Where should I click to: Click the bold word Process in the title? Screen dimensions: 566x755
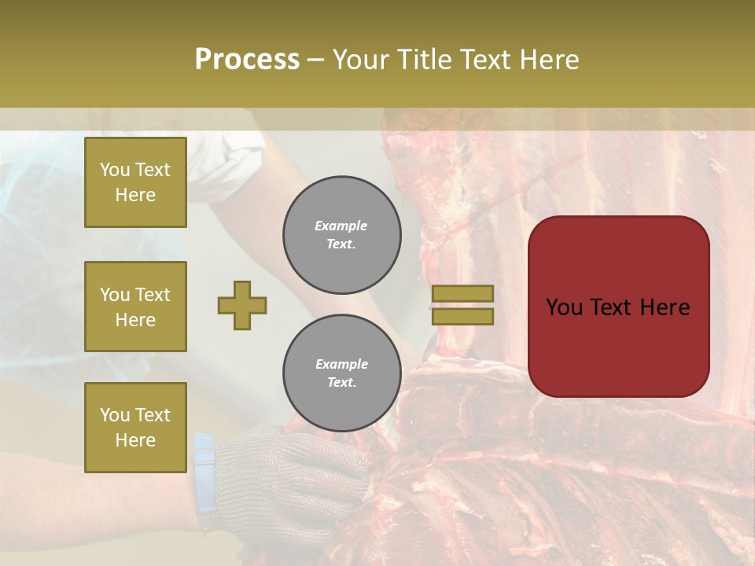click(247, 60)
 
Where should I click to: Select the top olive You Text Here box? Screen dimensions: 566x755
click(135, 182)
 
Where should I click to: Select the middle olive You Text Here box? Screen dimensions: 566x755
click(135, 307)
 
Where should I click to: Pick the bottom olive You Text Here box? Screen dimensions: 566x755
click(135, 427)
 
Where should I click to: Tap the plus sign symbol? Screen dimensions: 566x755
click(242, 305)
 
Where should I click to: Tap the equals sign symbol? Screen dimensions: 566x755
click(462, 305)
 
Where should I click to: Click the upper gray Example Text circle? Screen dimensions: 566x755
click(341, 235)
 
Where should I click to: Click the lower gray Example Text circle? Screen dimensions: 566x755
click(341, 373)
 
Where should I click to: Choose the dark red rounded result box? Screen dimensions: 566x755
click(619, 307)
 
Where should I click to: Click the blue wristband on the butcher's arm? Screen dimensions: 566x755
click(204, 464)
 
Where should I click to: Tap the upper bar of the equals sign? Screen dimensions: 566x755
click(462, 293)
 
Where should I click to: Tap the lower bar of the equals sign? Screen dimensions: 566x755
click(462, 316)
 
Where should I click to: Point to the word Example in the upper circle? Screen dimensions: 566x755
click(341, 226)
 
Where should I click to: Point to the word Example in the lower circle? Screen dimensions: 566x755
click(341, 365)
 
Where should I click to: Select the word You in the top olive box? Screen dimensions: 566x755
click(115, 170)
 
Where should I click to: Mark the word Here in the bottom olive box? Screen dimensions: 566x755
click(135, 440)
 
